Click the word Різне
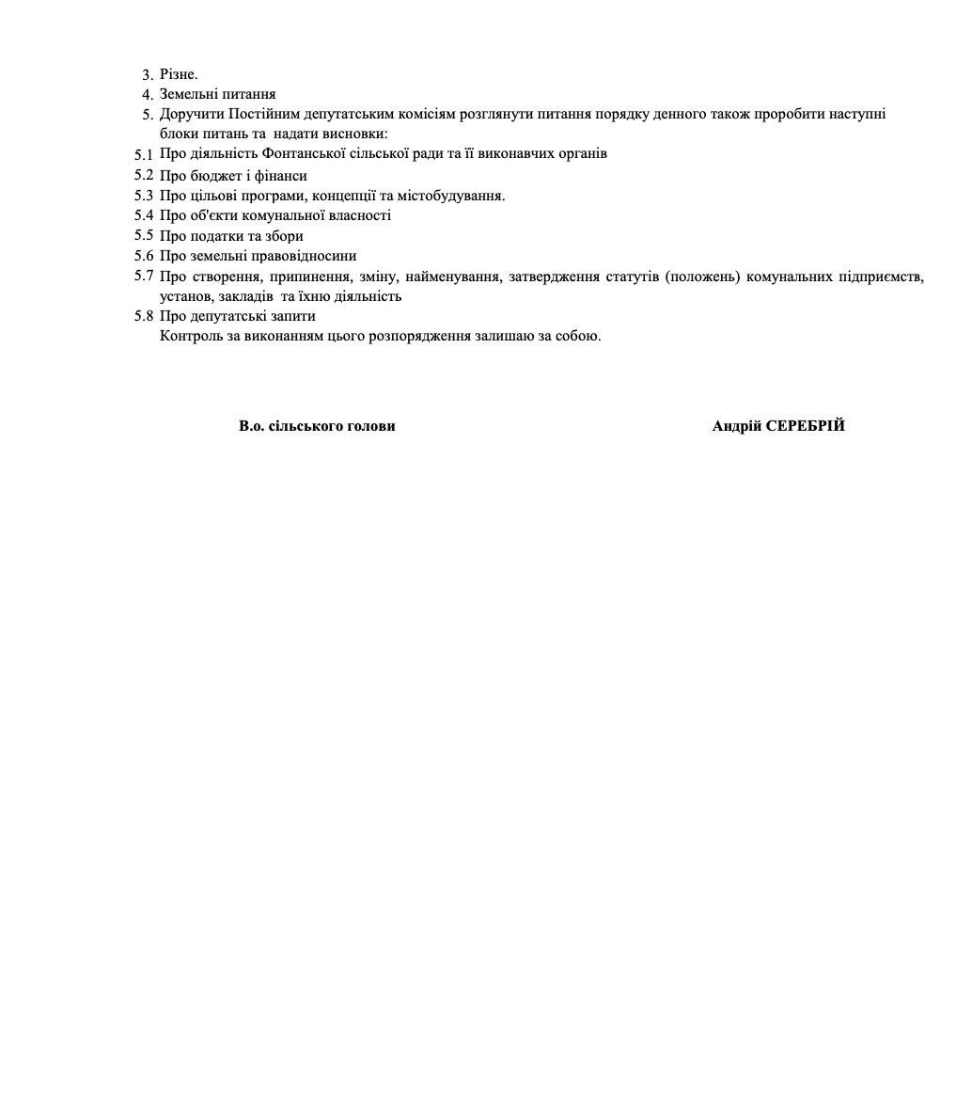pyautogui.click(x=179, y=74)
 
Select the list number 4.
pyautogui.click(x=147, y=94)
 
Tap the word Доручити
pyautogui.click(x=192, y=114)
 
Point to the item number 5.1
pyautogui.click(x=143, y=154)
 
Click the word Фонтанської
pyautogui.click(x=305, y=153)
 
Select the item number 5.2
pyautogui.click(x=143, y=175)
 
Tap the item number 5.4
pyautogui.click(x=143, y=215)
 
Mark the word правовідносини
pyautogui.click(x=302, y=256)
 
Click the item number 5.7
pyautogui.click(x=143, y=276)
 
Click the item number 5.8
pyautogui.click(x=143, y=316)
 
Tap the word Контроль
pyautogui.click(x=192, y=336)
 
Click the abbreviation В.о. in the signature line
pyautogui.click(x=252, y=426)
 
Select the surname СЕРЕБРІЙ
pyautogui.click(x=806, y=426)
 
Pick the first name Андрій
pyautogui.click(x=737, y=426)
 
